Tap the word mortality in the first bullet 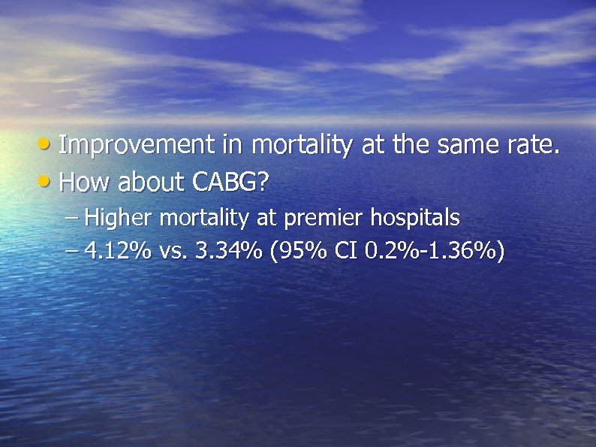(x=301, y=146)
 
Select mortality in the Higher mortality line (x=204, y=219)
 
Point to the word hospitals (x=411, y=218)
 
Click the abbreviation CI (x=345, y=251)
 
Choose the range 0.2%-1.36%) (x=434, y=251)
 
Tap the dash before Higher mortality (x=71, y=219)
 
